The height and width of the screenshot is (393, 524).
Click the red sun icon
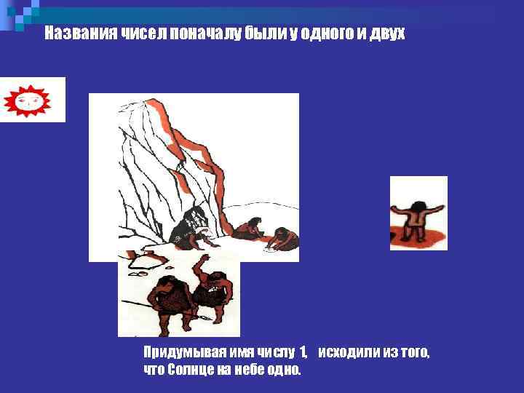pyautogui.click(x=31, y=99)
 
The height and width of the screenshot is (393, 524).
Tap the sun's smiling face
pyautogui.click(x=31, y=100)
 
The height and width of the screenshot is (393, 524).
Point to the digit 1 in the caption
pyautogui.click(x=303, y=353)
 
